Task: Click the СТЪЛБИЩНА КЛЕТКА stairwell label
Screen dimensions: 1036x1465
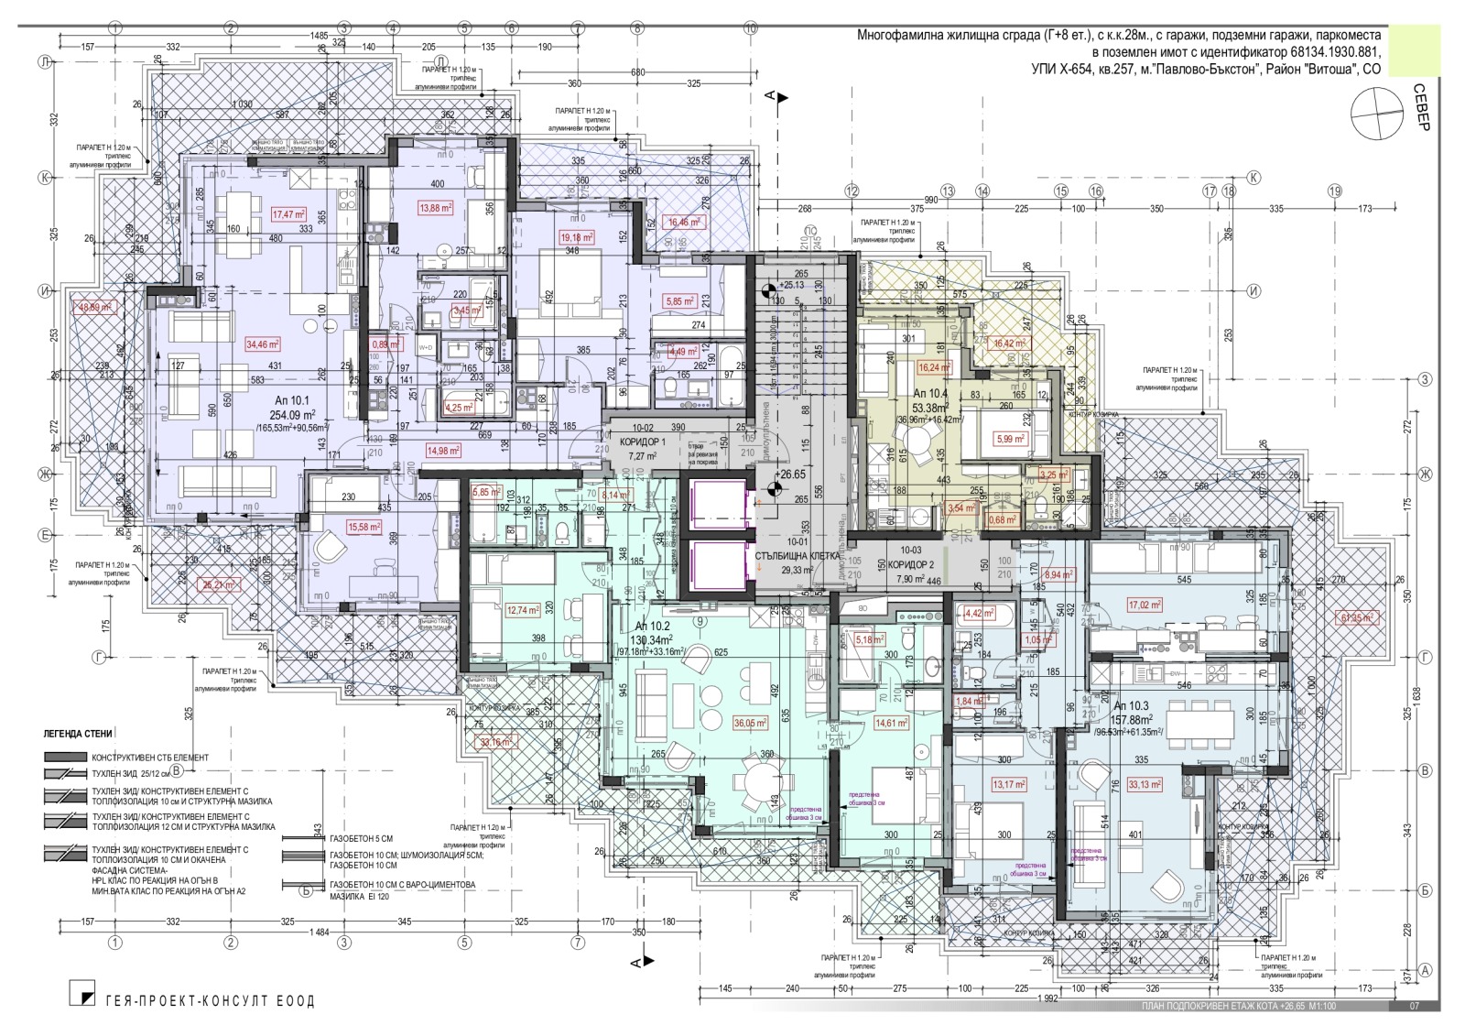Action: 793,555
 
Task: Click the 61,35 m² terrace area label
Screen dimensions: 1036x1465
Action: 1355,617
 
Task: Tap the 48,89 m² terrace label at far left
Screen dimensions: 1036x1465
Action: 96,308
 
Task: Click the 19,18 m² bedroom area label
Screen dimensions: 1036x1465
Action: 577,237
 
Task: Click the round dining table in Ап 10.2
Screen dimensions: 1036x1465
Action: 758,783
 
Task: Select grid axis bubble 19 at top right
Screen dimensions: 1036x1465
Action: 1334,191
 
